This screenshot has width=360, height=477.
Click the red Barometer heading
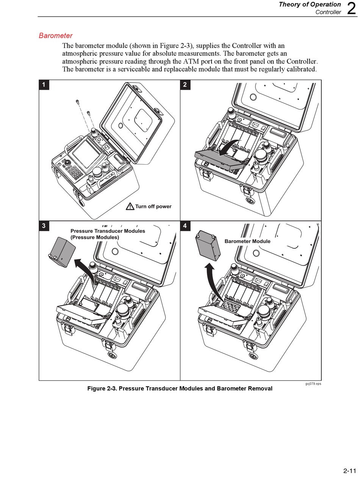55,36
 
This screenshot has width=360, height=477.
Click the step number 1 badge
44,84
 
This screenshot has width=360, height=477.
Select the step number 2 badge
185,84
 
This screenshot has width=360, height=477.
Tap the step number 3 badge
44,226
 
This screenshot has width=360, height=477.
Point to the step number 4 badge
185,226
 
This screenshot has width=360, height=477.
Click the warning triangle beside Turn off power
130,207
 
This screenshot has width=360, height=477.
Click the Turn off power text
153,207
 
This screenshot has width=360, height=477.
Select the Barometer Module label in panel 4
247,241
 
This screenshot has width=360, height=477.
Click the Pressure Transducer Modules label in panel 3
108,231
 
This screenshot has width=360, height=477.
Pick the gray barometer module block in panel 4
208,246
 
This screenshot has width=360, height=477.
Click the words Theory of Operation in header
310,5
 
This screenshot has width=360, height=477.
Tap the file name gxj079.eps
313,383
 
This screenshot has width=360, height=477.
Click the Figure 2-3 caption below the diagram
180,388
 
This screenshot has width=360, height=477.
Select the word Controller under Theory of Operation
328,12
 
